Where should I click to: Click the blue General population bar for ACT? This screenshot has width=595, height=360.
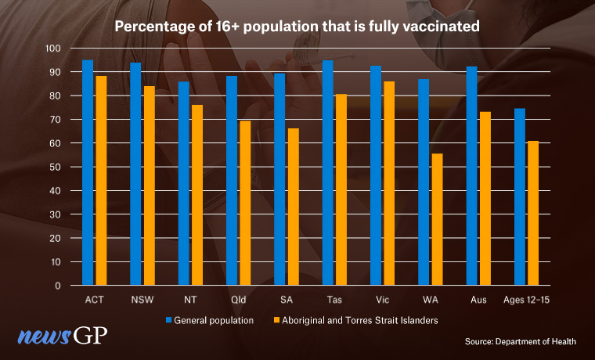(88, 172)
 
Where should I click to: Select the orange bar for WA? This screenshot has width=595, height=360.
(436, 219)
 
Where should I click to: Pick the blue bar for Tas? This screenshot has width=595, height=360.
(328, 172)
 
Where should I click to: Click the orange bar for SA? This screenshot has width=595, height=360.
(292, 207)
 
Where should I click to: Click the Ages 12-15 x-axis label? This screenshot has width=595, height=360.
(526, 300)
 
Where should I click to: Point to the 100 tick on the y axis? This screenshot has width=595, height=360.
(52, 49)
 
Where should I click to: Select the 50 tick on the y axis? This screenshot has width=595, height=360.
(55, 167)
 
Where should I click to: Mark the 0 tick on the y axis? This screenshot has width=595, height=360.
(58, 286)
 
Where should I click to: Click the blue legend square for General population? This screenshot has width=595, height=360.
(168, 320)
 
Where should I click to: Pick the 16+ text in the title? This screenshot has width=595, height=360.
(225, 26)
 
